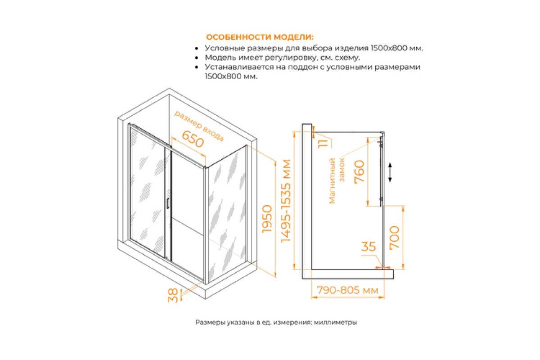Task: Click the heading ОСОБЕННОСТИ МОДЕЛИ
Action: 260,37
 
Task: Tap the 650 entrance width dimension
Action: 193,139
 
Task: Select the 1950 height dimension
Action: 267,219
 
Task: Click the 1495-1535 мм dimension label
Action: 286,201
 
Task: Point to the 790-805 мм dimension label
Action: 347,290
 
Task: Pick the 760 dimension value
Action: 359,172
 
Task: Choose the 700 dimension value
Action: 395,237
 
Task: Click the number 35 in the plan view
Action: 369,247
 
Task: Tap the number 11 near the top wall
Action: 323,144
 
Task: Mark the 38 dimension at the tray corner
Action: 173,296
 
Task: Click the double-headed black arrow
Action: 390,172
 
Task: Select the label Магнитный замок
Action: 337,181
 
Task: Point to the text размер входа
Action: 199,126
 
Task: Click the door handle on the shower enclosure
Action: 167,203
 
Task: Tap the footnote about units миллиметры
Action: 276,322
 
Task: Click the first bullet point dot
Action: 197,49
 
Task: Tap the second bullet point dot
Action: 197,58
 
